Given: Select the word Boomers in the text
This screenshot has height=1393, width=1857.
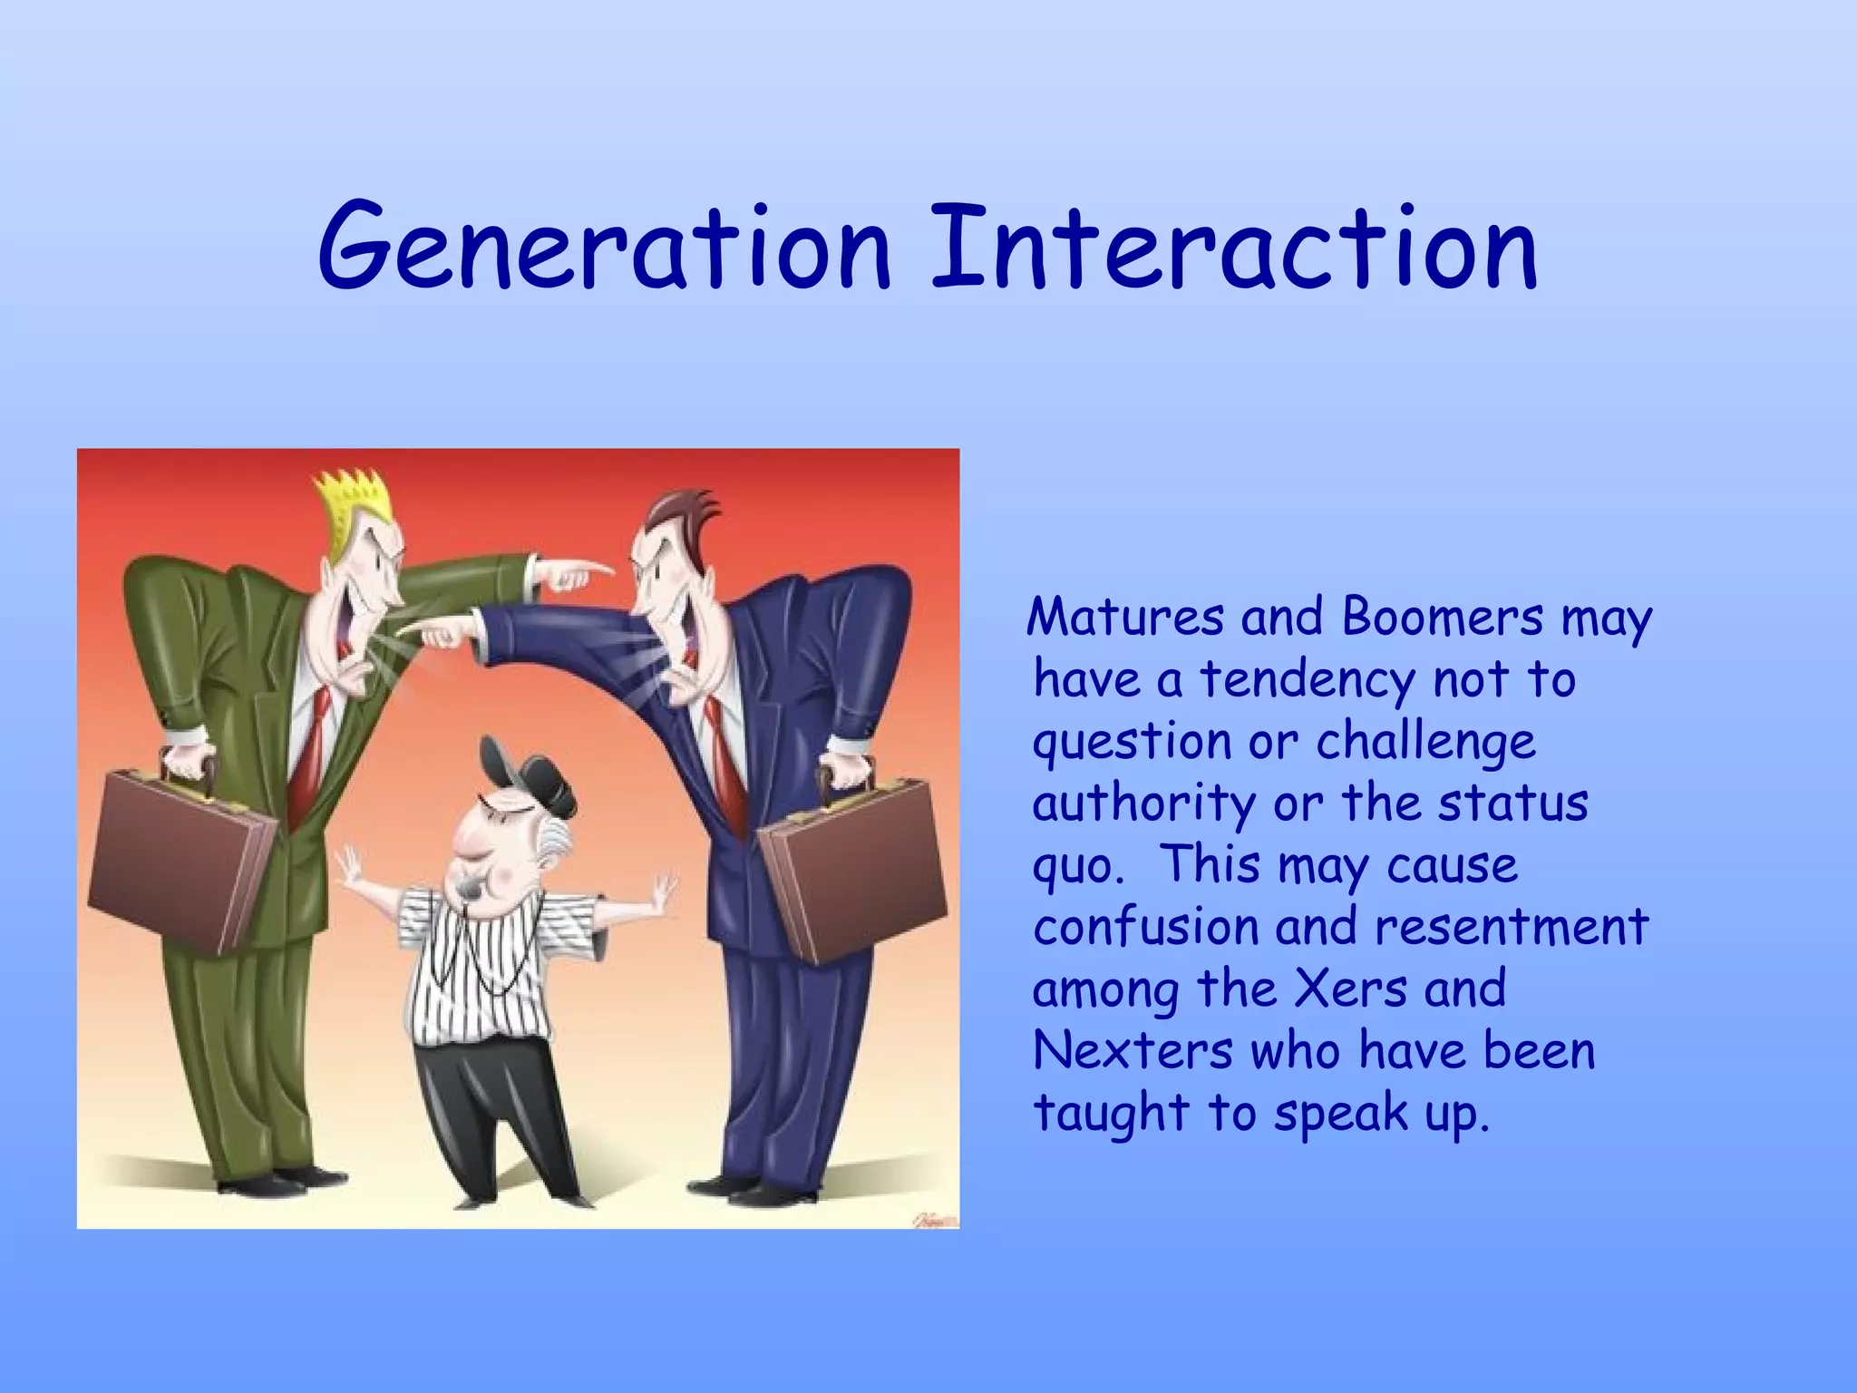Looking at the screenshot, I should tap(1442, 619).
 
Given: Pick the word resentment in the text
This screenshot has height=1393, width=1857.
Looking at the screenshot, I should tap(1510, 927).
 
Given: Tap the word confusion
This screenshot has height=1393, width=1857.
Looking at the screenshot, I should tap(1146, 927).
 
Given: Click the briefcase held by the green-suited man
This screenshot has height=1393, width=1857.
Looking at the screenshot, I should tap(181, 862).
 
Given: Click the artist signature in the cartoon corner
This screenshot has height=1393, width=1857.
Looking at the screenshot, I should tap(934, 1218).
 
